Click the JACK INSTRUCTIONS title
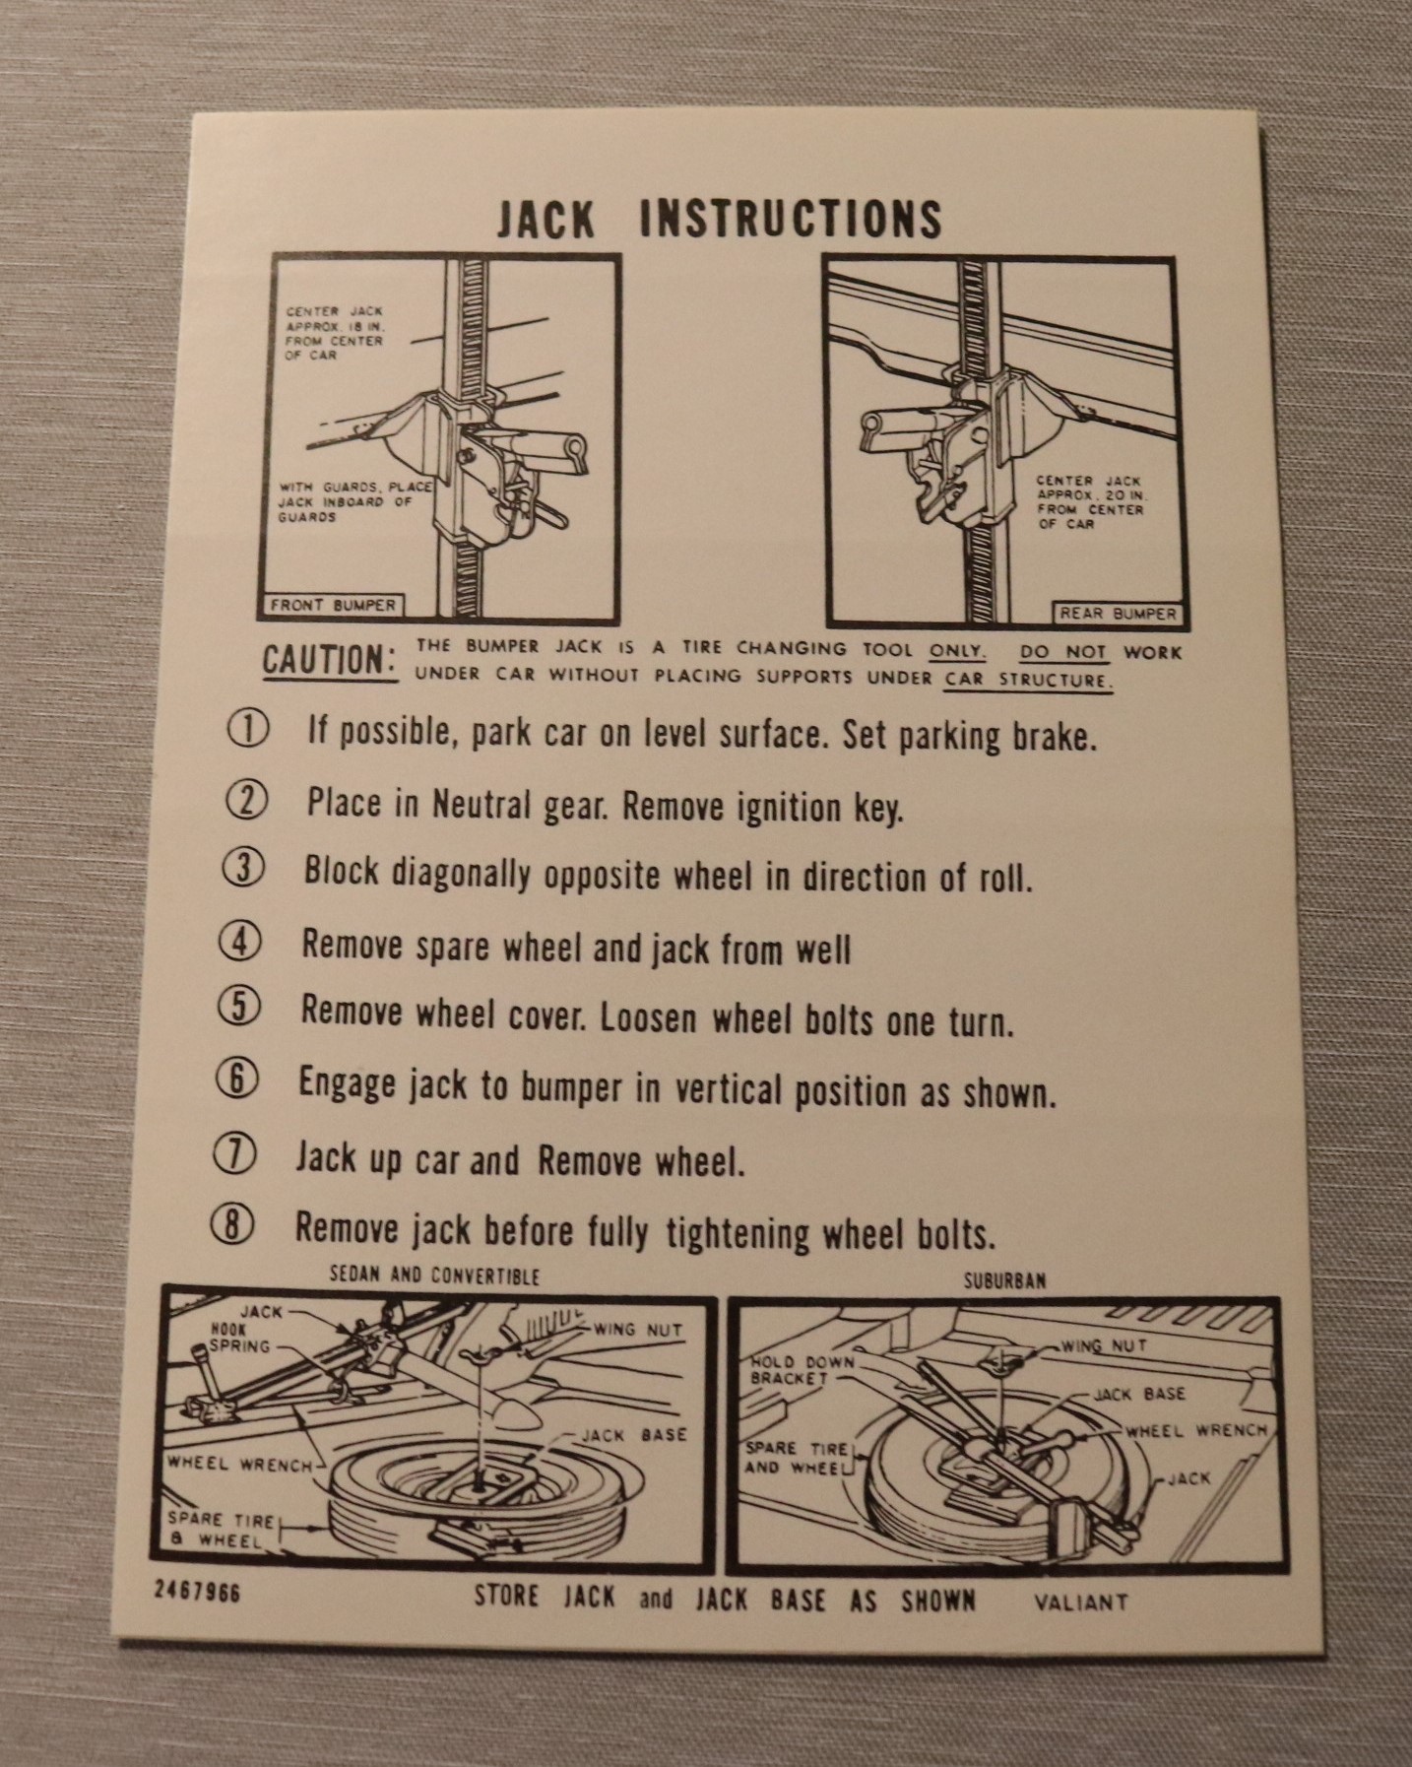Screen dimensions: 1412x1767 719,218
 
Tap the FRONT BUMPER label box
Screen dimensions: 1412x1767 333,605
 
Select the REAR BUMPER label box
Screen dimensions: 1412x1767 1117,613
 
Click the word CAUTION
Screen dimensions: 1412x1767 329,661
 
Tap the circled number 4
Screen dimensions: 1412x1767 239,943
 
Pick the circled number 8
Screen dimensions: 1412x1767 232,1226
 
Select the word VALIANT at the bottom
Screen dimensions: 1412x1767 1080,1603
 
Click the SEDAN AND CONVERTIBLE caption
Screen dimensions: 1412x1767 434,1276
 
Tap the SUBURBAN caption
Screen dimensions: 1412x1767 1004,1281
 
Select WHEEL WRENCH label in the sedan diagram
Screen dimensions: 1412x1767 239,1463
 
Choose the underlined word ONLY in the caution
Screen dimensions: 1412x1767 957,650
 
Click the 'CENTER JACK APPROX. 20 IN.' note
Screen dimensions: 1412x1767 1090,502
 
